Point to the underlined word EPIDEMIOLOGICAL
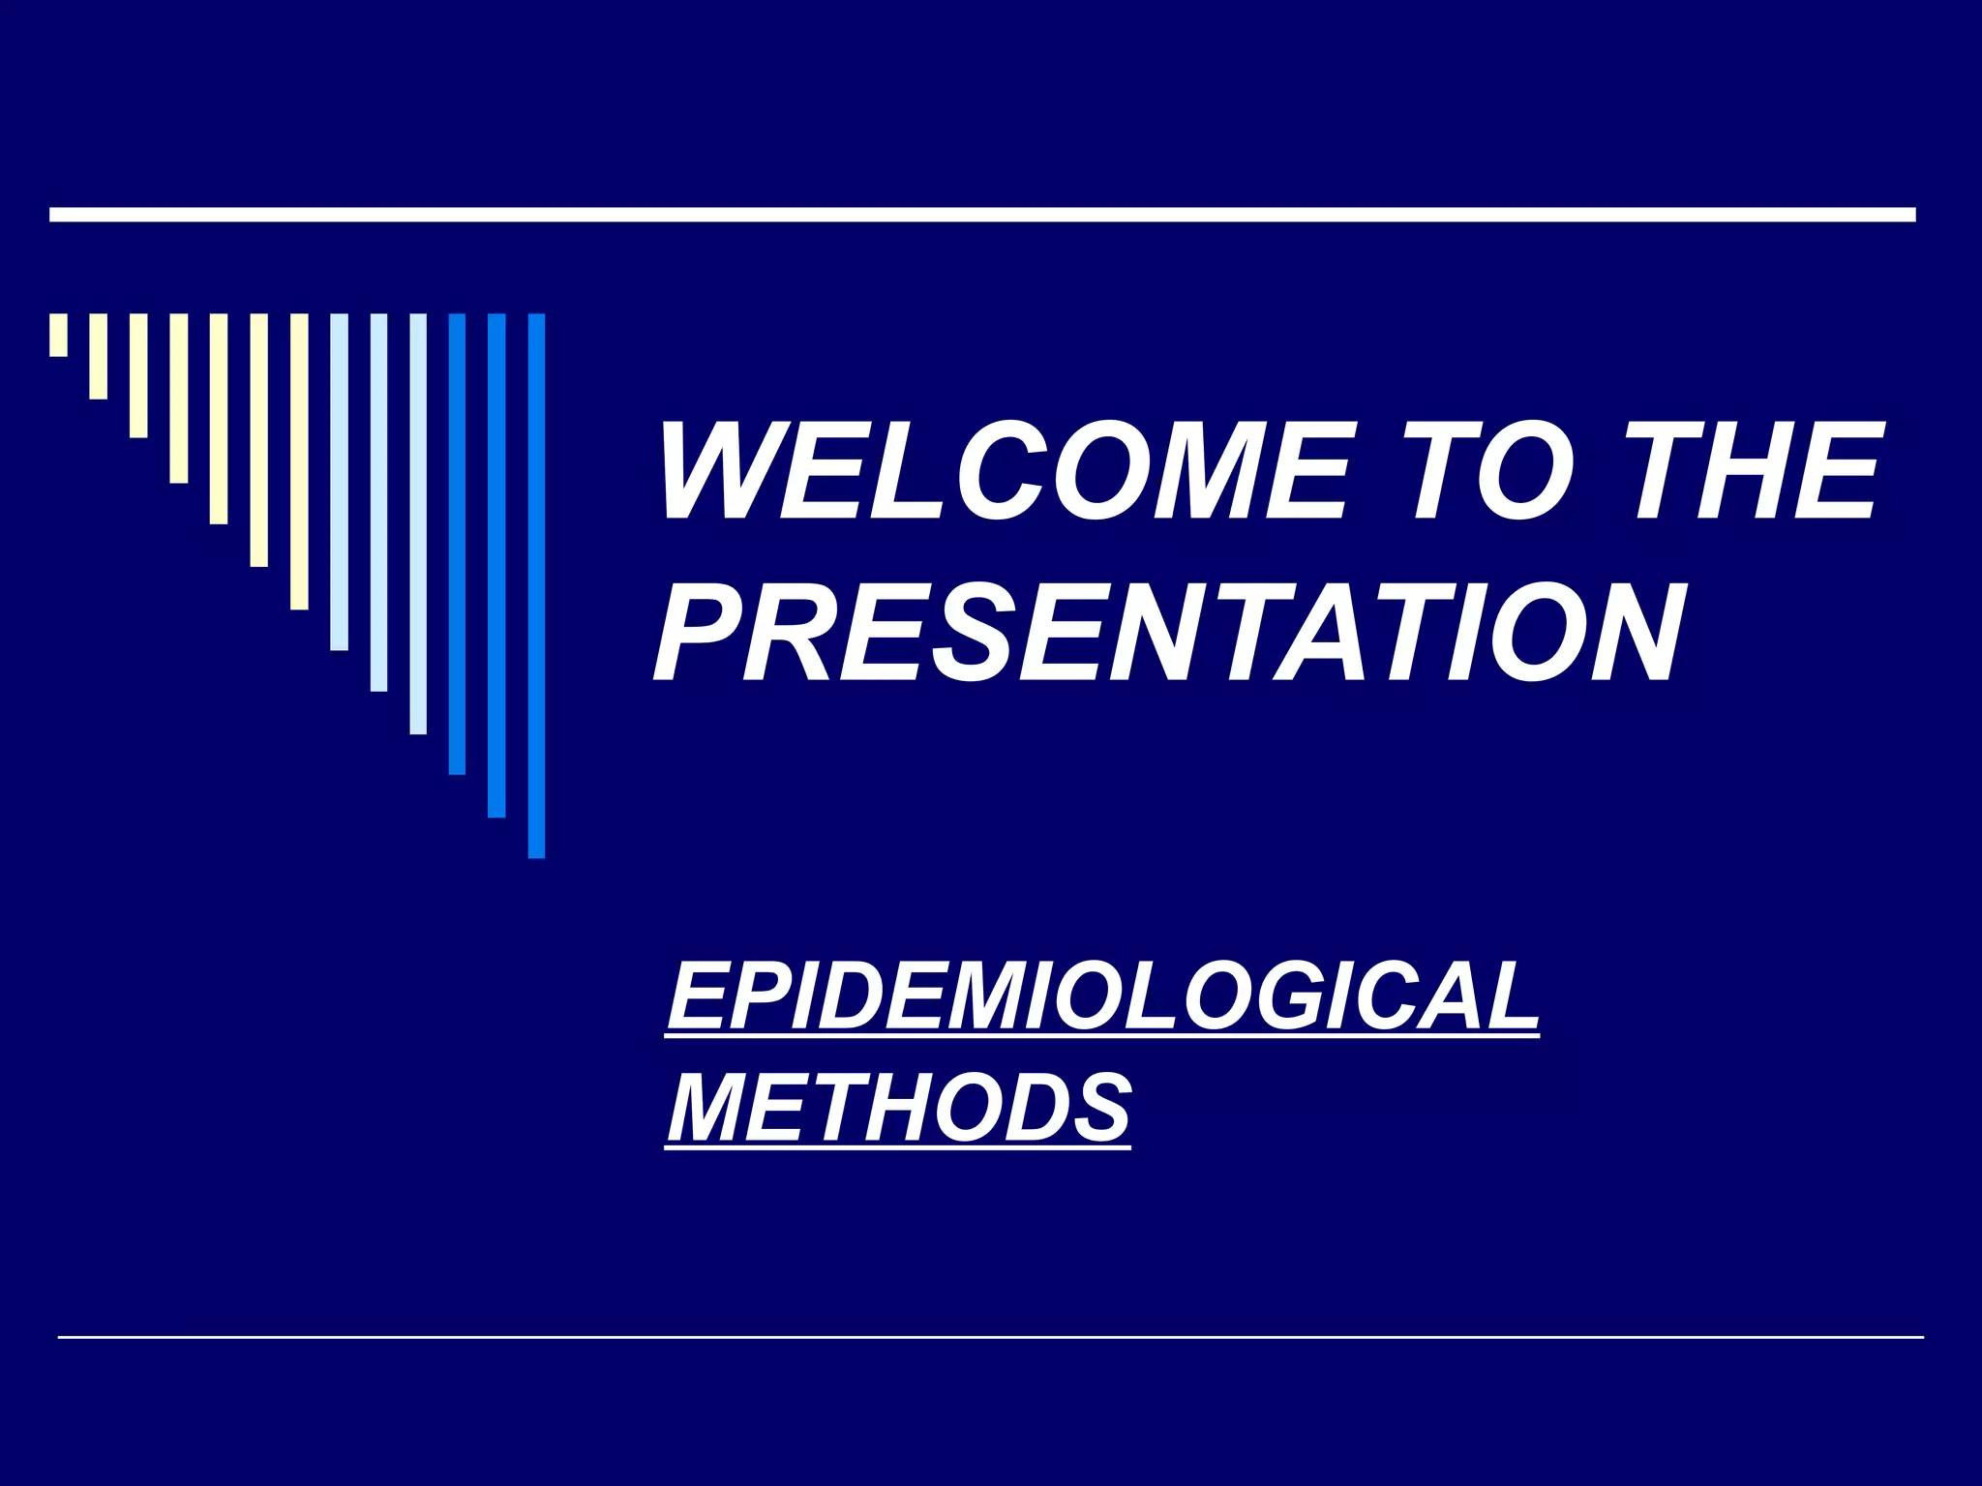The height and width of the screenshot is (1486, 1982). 1102,996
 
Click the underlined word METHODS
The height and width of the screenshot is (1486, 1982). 898,1107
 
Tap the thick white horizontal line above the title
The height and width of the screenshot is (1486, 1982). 982,215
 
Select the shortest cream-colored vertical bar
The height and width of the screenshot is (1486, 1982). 59,335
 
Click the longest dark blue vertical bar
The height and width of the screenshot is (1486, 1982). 536,585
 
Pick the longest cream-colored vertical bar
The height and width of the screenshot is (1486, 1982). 299,461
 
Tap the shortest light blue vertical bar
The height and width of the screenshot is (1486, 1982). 339,482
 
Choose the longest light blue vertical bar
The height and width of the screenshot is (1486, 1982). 418,523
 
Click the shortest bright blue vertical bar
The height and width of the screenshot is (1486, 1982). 457,544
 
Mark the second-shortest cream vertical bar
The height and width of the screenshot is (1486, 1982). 99,356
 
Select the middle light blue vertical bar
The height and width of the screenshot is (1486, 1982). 378,502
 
